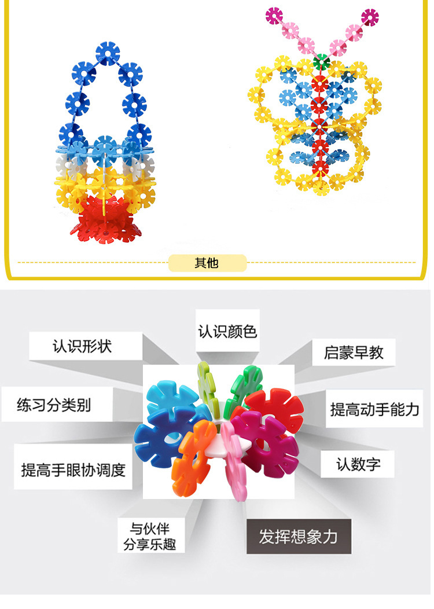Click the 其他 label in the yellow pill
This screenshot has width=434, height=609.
pyautogui.click(x=207, y=263)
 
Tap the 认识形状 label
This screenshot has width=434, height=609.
pyautogui.click(x=82, y=346)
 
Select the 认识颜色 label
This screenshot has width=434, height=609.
pyautogui.click(x=227, y=331)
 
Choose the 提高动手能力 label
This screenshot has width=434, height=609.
pyautogui.click(x=374, y=410)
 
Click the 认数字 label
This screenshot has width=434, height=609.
pyautogui.click(x=358, y=464)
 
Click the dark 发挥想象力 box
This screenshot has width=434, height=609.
pyautogui.click(x=298, y=536)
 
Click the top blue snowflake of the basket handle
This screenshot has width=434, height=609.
pyautogui.click(x=108, y=53)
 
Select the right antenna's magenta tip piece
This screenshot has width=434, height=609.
pyautogui.click(x=369, y=17)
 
